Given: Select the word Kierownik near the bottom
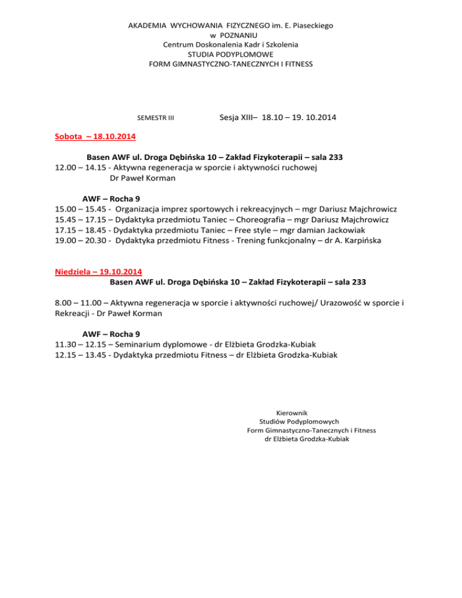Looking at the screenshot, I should pos(292,413).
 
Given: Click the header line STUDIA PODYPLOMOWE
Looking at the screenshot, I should pos(231,54).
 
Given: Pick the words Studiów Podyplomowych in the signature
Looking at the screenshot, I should pos(299,422).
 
